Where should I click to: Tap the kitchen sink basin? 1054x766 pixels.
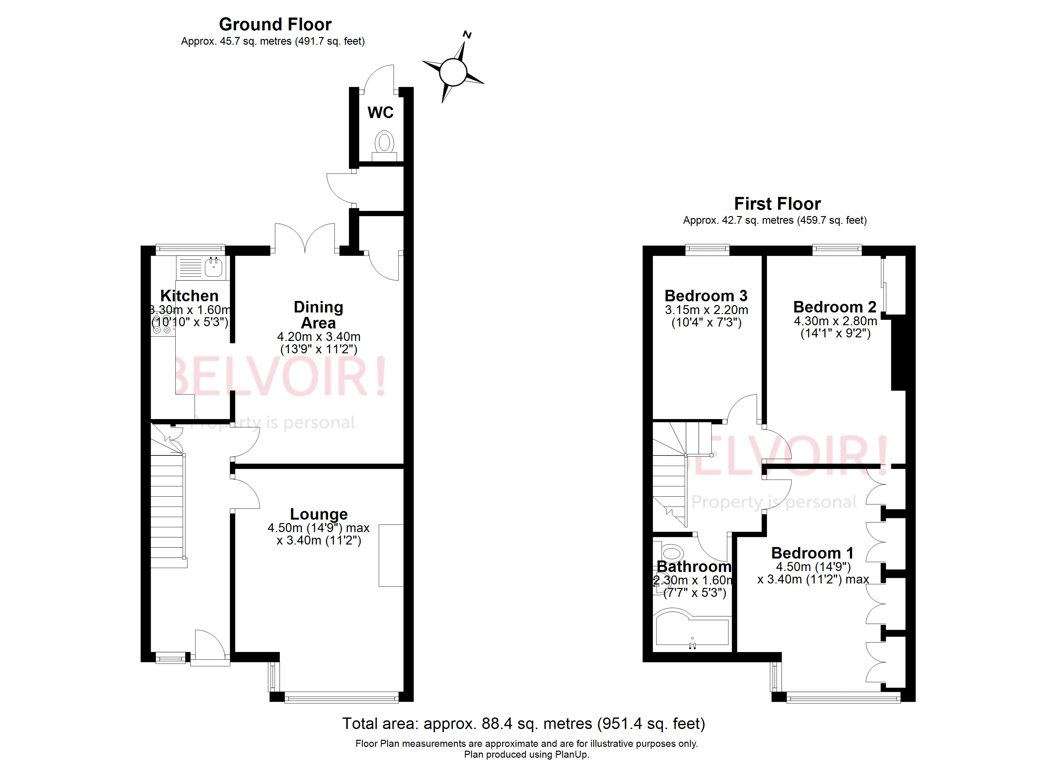click(x=214, y=267)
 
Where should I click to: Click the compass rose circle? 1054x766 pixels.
click(x=452, y=72)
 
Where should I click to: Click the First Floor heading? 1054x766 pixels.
click(x=777, y=204)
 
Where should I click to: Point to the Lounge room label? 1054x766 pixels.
click(x=319, y=514)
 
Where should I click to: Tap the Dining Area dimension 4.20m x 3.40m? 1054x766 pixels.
click(x=319, y=337)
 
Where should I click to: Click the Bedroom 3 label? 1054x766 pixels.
click(x=706, y=296)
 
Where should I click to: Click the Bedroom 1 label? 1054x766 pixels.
click(x=812, y=553)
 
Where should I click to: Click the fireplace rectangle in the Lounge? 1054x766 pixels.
click(x=391, y=556)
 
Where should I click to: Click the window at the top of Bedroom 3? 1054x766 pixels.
click(x=707, y=250)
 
